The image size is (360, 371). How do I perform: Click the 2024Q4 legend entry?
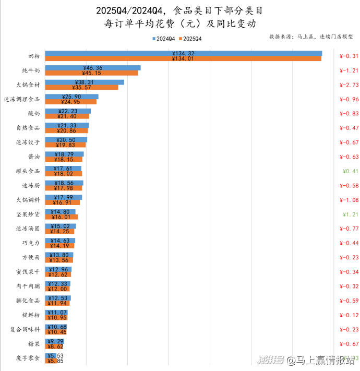pyautogui.click(x=163, y=39)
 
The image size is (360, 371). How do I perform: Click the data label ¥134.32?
pyautogui.click(x=183, y=53)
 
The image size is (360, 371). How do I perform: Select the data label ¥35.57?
pyautogui.click(x=83, y=87)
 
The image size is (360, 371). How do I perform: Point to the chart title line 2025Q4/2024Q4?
pyautogui.click(x=180, y=10)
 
